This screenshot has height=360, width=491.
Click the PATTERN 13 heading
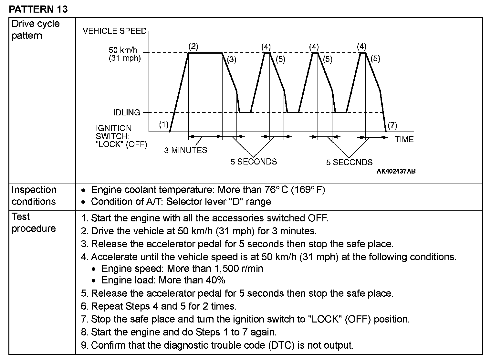[38, 9]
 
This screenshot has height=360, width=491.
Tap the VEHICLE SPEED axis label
[115, 31]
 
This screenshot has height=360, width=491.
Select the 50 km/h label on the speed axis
[123, 50]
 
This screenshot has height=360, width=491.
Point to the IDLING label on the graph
[127, 112]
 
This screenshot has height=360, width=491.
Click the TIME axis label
[404, 139]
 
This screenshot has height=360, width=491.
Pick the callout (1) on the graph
[164, 124]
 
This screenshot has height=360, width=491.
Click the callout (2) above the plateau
[193, 46]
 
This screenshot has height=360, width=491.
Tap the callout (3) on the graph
[232, 59]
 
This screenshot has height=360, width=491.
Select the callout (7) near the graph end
[392, 125]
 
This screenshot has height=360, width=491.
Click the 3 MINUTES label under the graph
[186, 150]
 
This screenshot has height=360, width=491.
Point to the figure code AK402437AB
[396, 171]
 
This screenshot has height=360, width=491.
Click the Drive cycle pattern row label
[36, 29]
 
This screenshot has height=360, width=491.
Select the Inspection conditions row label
[34, 196]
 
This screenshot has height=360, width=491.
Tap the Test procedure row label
[34, 223]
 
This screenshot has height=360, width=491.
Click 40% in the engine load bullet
[216, 280]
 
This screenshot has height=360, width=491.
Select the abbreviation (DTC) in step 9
[281, 345]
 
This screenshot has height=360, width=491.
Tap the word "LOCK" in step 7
[326, 319]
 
